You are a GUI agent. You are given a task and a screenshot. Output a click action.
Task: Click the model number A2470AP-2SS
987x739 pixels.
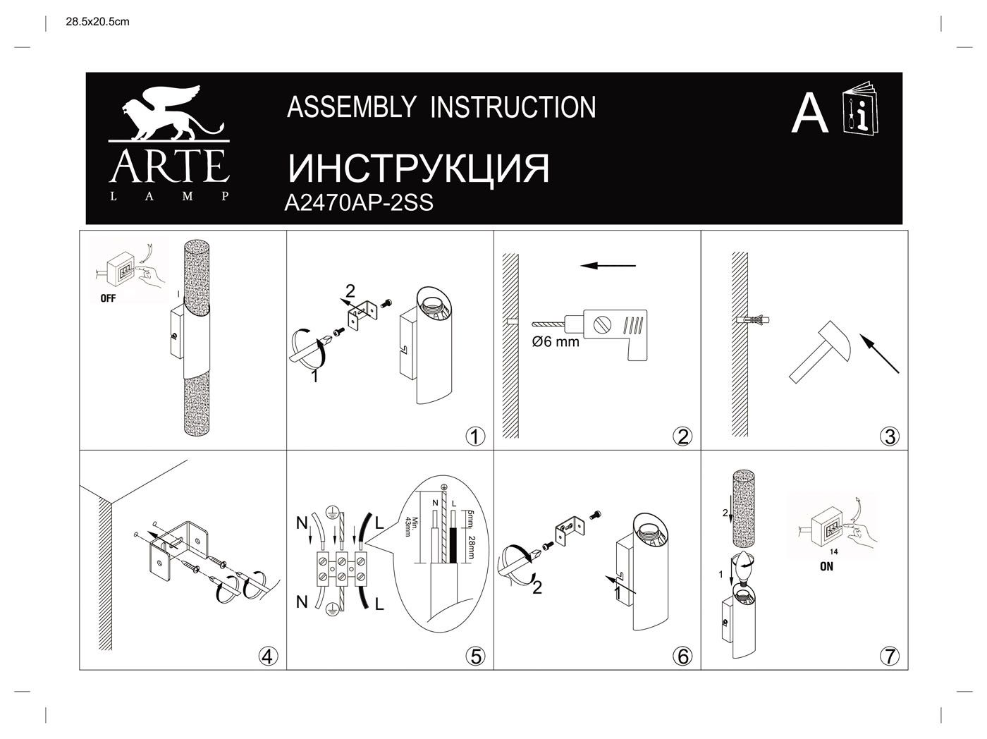coord(359,203)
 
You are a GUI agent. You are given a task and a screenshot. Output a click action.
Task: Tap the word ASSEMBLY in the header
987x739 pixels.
coord(352,107)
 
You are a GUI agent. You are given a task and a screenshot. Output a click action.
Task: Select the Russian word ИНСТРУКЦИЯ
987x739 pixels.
coord(418,169)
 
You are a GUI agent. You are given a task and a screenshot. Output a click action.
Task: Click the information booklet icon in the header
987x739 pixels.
coord(860,109)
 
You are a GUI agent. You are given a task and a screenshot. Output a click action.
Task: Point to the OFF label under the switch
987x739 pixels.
coord(108,298)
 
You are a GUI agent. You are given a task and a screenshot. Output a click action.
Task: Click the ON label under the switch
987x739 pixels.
coord(826,566)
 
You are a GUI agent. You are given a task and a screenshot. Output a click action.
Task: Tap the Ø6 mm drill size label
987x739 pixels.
coord(556,342)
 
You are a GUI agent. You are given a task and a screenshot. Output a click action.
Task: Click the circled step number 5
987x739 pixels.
coord(476,656)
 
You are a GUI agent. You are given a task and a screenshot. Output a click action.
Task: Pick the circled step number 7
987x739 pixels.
coord(890,656)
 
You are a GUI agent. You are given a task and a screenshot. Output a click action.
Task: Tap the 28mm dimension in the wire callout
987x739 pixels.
coord(471,547)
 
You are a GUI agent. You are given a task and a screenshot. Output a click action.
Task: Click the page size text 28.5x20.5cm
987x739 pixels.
coord(97,22)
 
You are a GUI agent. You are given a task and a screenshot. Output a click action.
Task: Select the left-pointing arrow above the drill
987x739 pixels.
coord(608,266)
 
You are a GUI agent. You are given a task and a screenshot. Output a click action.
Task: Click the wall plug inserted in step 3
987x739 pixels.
coord(753,320)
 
